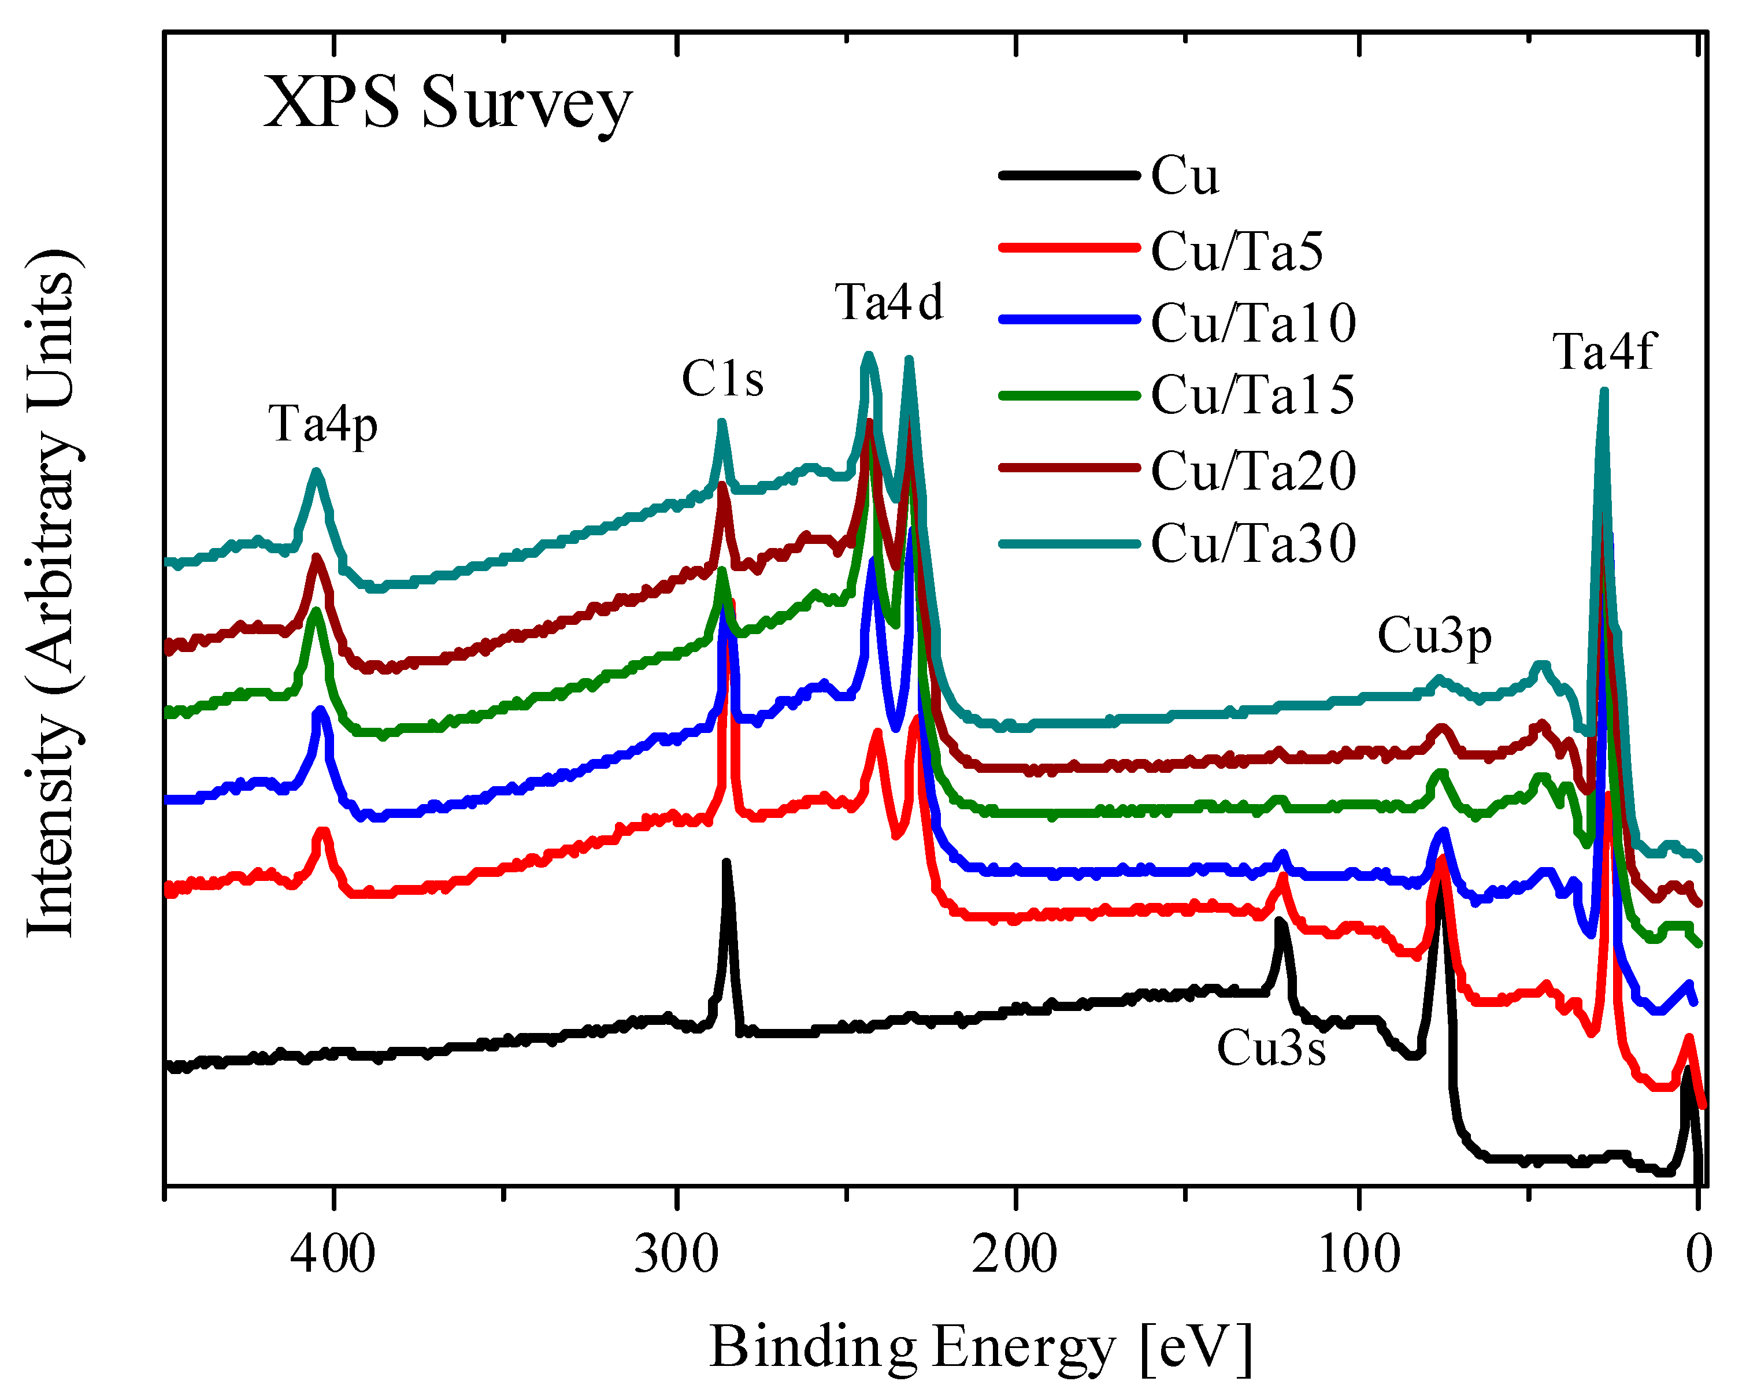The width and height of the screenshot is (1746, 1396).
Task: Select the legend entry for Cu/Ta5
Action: (1237, 251)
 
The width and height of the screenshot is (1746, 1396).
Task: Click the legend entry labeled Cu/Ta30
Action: (1253, 543)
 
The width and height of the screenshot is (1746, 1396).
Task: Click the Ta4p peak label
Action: (323, 424)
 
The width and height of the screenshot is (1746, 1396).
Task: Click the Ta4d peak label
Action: (889, 303)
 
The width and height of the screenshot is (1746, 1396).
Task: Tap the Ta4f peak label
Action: (1603, 351)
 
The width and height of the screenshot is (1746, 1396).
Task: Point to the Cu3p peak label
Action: (1434, 636)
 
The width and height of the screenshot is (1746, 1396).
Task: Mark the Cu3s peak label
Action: (1271, 1048)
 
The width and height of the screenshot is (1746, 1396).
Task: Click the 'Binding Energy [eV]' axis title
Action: (981, 1347)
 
